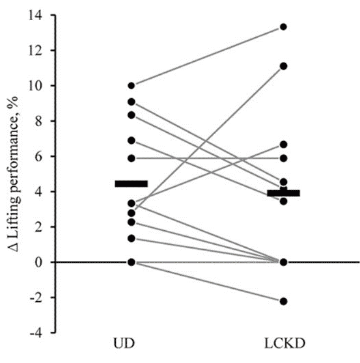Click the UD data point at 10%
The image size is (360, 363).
pos(132,85)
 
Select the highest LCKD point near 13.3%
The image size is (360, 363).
pos(283,27)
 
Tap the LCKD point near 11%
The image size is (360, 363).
pos(283,66)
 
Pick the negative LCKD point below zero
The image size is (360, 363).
pos(283,301)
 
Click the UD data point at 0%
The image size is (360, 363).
pos(132,262)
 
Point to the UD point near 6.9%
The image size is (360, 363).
pos(132,141)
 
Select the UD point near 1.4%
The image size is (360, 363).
pos(132,238)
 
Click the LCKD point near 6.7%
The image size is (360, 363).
pos(283,144)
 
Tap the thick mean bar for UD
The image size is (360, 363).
pos(132,184)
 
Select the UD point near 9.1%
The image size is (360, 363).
pos(132,101)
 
